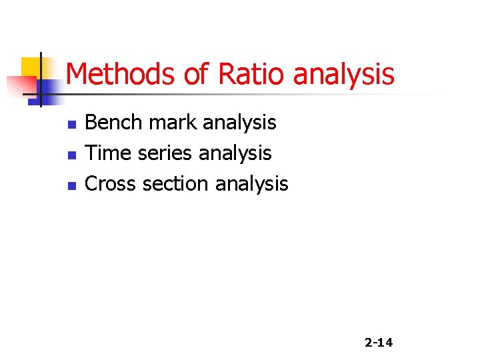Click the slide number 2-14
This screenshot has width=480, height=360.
[379, 343]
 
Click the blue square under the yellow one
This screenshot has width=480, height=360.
[48, 89]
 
